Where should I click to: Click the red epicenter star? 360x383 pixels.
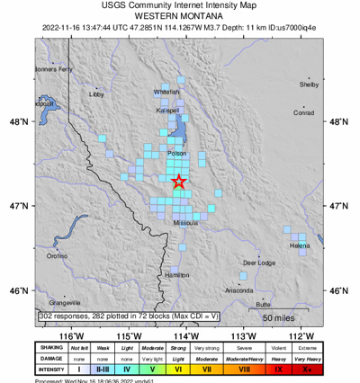[x=179, y=182]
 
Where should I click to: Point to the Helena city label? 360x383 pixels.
[x=300, y=245]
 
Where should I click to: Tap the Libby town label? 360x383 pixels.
[x=96, y=94]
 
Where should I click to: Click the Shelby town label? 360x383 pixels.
[x=309, y=85]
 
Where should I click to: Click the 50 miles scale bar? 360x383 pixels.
[x=280, y=318]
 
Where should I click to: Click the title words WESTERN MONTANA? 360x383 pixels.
[x=179, y=16]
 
